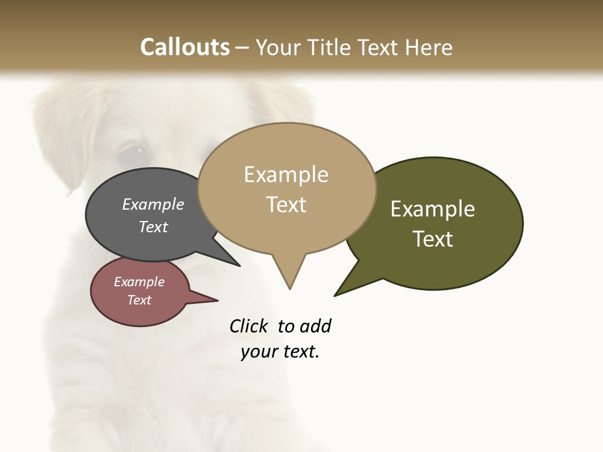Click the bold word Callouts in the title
185,47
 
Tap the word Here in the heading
429,47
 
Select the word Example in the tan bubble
286,175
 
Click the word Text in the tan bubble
286,204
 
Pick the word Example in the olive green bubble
433,209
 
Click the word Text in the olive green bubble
433,239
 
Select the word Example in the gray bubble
153,204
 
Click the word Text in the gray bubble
153,227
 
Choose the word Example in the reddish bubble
139,282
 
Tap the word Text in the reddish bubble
139,300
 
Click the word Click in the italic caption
248,326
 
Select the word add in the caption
315,326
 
